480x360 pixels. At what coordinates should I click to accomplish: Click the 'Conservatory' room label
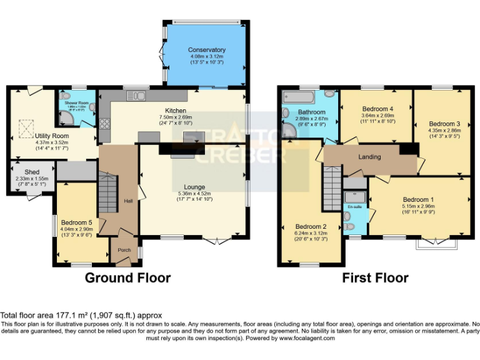206,50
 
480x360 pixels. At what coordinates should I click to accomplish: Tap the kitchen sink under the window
136,96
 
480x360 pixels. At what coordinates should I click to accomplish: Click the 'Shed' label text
32,172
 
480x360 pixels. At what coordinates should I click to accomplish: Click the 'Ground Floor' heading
127,277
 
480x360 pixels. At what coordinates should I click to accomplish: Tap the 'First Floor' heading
375,277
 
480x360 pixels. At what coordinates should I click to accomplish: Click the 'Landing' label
369,156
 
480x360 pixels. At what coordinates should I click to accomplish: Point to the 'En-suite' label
354,206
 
